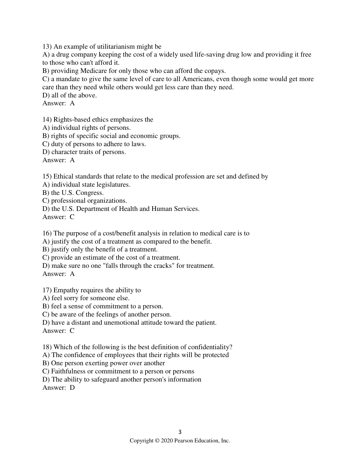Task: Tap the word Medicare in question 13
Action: (x=93, y=71)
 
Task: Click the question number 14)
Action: (x=47, y=120)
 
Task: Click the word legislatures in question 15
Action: (x=113, y=185)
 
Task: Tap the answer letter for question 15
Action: (x=72, y=217)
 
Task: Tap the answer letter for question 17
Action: (x=72, y=331)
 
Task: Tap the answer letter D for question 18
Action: (x=72, y=388)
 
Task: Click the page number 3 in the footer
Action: (x=180, y=432)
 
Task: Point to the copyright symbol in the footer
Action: (x=157, y=441)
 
